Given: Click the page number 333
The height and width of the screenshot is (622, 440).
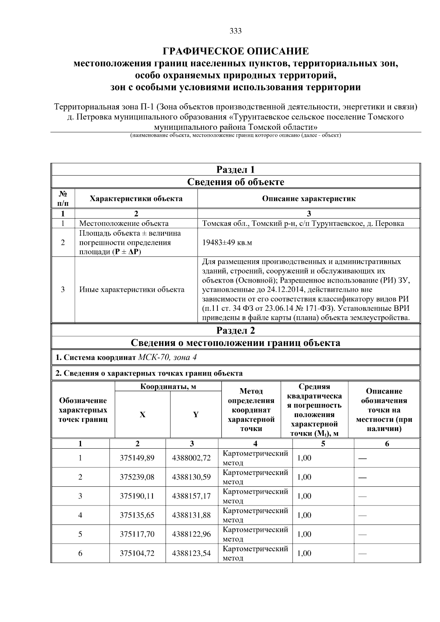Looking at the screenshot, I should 235,31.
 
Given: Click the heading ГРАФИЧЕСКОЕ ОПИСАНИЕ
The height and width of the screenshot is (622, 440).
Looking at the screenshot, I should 235,51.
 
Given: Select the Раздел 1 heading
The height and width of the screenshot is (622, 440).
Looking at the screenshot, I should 235,170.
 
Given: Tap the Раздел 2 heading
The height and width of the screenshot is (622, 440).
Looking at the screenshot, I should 235,331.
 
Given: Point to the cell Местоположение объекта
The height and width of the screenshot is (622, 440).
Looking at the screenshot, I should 124,224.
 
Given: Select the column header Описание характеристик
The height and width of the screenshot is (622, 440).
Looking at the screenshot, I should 308,199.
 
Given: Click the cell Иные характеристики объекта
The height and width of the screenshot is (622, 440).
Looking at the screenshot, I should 132,290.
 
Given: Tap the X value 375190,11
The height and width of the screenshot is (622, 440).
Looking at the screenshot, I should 137,496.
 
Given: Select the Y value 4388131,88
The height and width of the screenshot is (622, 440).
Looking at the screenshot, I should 191,515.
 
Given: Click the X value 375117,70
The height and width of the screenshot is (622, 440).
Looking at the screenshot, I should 137,534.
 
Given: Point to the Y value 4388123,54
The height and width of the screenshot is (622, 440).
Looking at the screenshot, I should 191,553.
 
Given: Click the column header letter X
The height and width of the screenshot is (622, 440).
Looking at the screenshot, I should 142,415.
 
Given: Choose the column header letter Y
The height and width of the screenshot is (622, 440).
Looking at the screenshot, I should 196,415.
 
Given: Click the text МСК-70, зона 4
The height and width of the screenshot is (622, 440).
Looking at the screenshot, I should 169,357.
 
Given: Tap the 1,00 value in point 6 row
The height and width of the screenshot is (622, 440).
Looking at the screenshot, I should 304,553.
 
